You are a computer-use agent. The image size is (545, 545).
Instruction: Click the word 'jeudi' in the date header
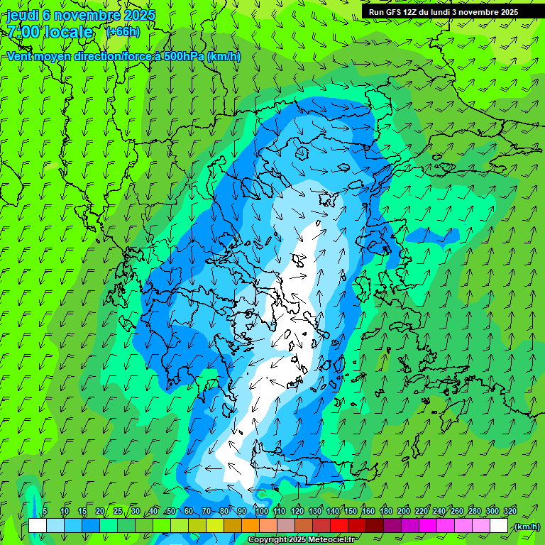click(23, 15)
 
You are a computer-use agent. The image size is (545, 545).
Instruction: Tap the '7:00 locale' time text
click(50, 32)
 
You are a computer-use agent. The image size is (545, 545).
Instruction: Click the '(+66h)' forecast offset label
click(123, 32)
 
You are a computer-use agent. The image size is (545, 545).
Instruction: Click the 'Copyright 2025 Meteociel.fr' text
click(302, 540)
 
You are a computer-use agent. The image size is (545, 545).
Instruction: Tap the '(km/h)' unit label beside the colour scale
click(526, 526)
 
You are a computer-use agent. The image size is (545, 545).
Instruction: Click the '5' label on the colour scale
click(45, 511)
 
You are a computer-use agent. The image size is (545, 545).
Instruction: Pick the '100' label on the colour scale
click(261, 511)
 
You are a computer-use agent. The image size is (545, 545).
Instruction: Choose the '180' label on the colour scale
click(386, 511)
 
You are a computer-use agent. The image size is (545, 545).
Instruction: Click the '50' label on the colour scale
click(171, 511)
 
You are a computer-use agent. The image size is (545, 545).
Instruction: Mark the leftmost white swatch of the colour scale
click(38, 526)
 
